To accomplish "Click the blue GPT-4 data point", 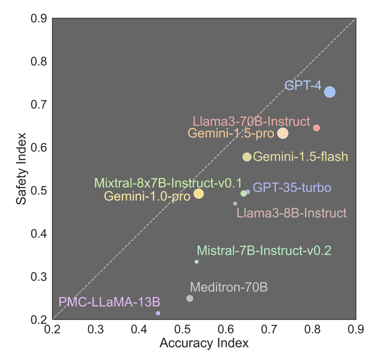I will point(330,92).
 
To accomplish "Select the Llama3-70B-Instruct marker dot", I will point(316,128).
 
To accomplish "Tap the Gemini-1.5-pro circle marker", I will point(283,133).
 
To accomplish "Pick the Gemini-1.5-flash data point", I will point(247,157).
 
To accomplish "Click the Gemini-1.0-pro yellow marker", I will point(199,194).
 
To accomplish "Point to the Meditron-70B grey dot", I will point(190,298).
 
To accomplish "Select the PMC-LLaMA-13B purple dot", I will point(158,313).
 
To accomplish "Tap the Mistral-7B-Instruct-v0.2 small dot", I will point(196,262).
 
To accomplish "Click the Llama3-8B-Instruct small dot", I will point(235,204).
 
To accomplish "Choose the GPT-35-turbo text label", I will point(292,188).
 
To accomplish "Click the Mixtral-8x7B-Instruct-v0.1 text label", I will point(168,183).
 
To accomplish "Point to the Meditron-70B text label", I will point(229,287).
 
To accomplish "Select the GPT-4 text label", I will point(303,86).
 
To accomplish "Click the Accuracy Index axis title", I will point(204,343).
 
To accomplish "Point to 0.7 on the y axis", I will point(40,105).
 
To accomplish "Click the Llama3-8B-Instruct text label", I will point(292,213).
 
